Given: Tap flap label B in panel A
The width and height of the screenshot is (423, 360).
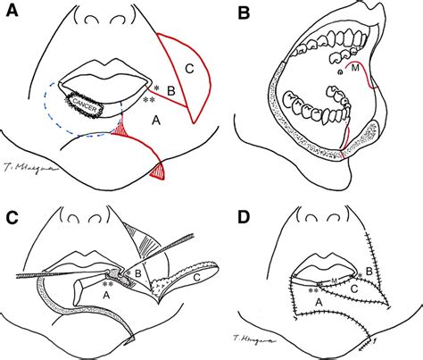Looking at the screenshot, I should (x=174, y=90).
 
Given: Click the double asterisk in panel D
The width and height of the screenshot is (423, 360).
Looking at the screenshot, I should (x=313, y=290).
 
